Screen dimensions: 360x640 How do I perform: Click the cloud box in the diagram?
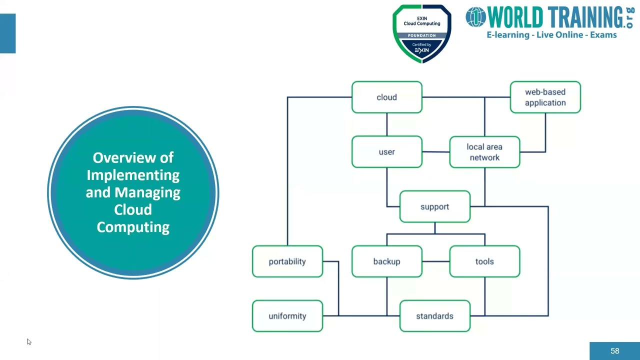(x=386, y=97)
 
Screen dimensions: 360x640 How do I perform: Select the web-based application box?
(x=545, y=97)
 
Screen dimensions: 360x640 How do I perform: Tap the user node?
(x=386, y=151)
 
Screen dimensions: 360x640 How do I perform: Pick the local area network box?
(x=484, y=152)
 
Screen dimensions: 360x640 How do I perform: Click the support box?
(x=434, y=206)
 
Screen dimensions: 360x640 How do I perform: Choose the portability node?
(x=287, y=261)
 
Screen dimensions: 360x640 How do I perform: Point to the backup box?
(x=386, y=261)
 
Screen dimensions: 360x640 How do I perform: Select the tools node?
(x=484, y=261)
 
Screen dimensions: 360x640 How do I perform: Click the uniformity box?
(x=287, y=316)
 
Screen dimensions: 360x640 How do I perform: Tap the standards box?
(x=434, y=316)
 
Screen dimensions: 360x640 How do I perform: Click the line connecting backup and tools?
(x=435, y=261)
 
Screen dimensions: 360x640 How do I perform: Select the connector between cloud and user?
(x=386, y=124)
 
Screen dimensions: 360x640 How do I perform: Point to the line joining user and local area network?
(x=435, y=152)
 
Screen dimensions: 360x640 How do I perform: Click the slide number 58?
(x=614, y=351)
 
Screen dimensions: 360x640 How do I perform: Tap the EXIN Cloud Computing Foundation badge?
(x=422, y=34)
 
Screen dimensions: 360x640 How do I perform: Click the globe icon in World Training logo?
(x=475, y=17)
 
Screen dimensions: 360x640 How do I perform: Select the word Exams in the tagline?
(x=603, y=35)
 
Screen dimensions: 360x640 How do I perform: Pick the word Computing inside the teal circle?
(x=133, y=227)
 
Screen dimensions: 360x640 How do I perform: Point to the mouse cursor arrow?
(x=28, y=341)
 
